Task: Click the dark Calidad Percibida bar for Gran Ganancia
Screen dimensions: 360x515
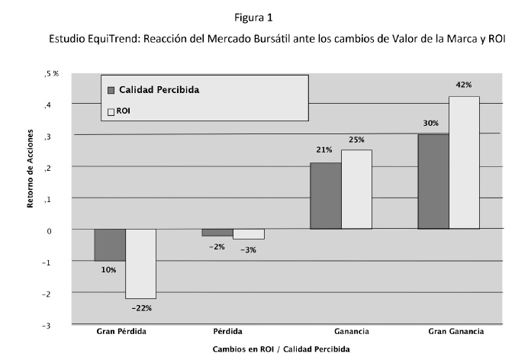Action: point(433,182)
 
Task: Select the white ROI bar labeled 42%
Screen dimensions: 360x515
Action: point(464,162)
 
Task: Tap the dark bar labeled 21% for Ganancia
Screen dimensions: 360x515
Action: point(325,195)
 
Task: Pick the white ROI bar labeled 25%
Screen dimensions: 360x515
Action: point(356,189)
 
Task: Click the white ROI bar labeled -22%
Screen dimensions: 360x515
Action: point(140,263)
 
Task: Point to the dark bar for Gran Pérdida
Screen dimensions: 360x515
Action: point(110,245)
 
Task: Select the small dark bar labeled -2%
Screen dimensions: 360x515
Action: point(217,233)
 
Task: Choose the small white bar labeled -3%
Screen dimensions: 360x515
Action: point(248,234)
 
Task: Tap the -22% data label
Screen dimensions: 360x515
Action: point(142,308)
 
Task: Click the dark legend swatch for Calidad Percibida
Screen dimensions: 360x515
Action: point(111,89)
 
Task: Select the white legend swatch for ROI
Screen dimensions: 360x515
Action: point(111,111)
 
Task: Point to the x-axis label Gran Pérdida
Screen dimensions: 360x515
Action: point(122,332)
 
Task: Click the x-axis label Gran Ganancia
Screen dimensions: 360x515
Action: point(455,332)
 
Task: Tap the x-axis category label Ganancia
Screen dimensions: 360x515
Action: point(352,332)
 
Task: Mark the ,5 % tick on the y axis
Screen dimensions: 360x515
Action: point(52,73)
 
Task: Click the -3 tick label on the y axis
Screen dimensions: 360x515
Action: point(48,325)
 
